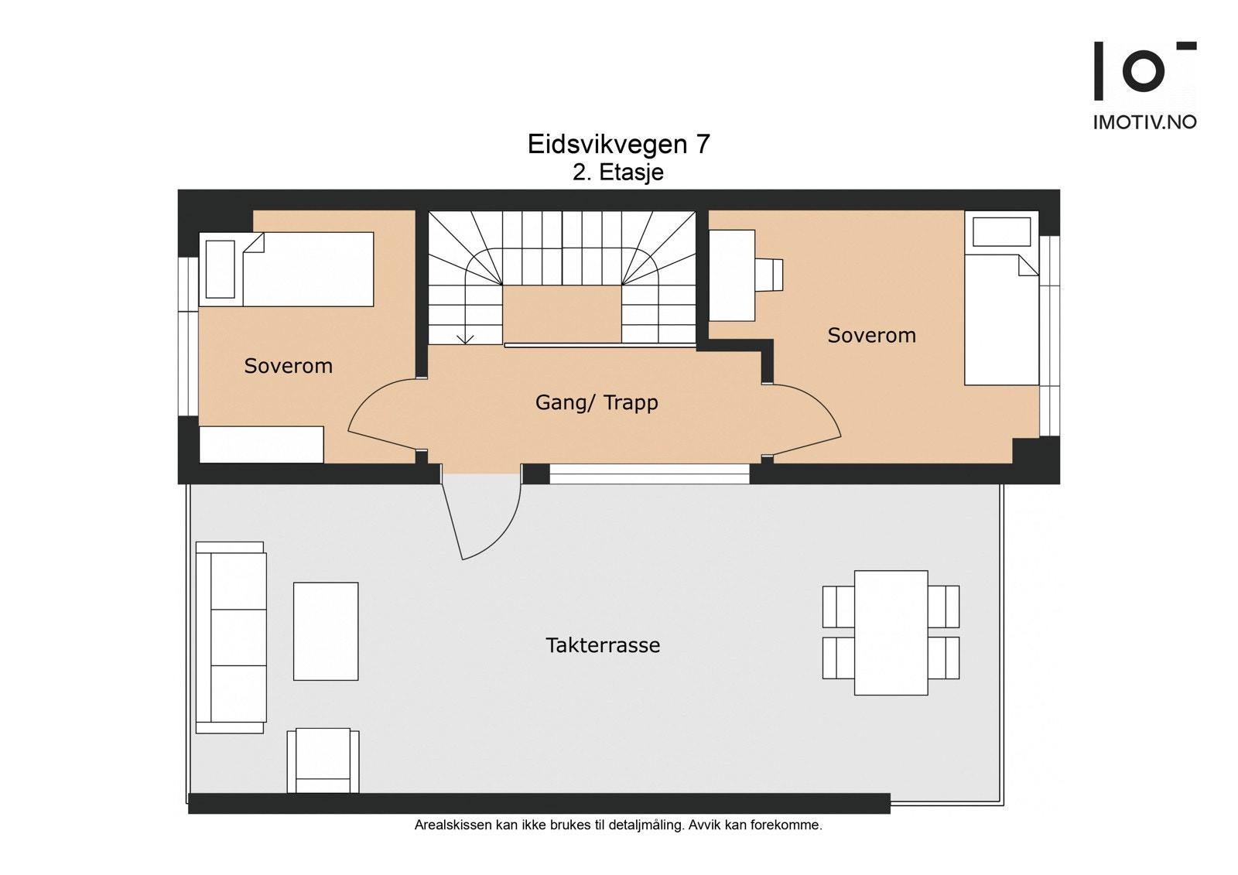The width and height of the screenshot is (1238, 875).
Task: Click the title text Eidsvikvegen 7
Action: [618, 145]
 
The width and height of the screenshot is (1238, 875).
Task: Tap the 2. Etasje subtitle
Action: [617, 172]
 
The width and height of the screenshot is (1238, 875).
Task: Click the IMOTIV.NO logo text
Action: [1144, 122]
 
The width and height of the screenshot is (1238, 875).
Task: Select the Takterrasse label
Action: [603, 645]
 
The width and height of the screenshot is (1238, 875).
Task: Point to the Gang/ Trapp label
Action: [597, 402]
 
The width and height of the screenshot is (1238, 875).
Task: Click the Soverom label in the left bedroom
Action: [288, 366]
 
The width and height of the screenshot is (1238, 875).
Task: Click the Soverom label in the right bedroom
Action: [871, 335]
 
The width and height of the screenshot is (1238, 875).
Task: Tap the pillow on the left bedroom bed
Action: [220, 269]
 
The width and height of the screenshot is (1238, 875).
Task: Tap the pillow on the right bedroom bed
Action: [1001, 231]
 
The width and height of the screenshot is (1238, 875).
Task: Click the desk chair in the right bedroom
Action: [770, 275]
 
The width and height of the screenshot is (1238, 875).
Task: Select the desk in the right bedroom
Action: [731, 275]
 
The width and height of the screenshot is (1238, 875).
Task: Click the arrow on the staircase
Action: [465, 337]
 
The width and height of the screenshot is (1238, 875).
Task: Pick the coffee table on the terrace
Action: [326, 631]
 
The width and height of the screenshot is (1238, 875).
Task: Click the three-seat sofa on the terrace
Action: [231, 637]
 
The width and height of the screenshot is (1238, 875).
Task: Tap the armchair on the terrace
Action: [323, 760]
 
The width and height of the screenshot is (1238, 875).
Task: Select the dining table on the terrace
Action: [891, 632]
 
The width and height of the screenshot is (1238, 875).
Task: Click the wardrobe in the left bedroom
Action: [262, 445]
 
